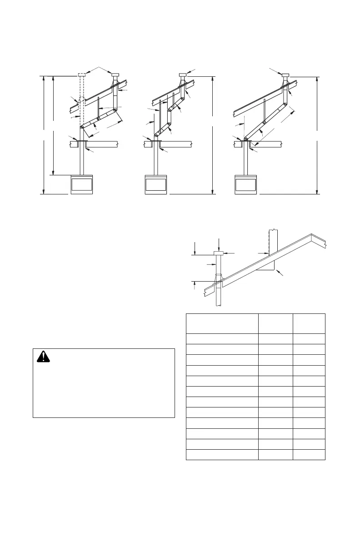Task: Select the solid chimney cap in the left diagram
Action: point(115,75)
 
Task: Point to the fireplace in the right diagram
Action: point(246,184)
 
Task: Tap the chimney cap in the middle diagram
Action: point(182,75)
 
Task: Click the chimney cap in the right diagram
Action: point(285,75)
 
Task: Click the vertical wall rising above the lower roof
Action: point(273,241)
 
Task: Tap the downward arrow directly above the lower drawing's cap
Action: point(219,245)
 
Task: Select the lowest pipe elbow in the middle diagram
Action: point(157,134)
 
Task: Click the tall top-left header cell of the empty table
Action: point(222,323)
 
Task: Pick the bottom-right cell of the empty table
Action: point(309,455)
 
